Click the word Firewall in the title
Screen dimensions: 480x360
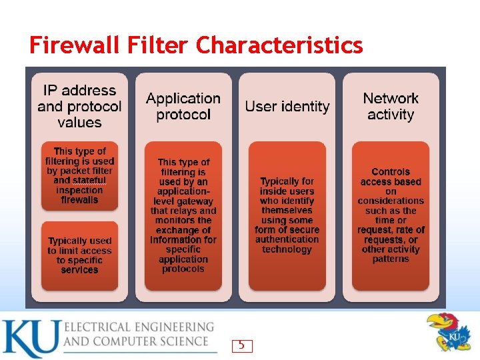click(76, 45)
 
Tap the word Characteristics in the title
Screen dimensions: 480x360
click(279, 45)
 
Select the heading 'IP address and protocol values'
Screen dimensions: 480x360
click(79, 107)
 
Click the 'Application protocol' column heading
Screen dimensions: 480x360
click(183, 107)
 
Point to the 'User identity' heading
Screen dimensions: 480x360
click(287, 107)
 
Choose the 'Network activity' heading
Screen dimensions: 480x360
click(391, 107)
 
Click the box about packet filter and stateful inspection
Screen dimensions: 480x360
click(79, 175)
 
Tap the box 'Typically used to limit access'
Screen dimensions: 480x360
click(79, 255)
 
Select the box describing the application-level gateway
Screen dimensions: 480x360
click(183, 215)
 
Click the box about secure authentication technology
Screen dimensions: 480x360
click(287, 215)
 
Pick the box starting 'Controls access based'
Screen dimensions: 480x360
click(391, 215)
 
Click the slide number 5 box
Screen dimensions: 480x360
click(242, 345)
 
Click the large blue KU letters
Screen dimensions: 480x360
click(30, 339)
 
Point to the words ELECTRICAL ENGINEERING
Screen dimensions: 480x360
click(139, 327)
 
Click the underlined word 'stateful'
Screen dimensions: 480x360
click(79, 181)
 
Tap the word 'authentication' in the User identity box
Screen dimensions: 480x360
click(287, 239)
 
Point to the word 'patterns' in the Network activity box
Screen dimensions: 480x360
click(391, 259)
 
